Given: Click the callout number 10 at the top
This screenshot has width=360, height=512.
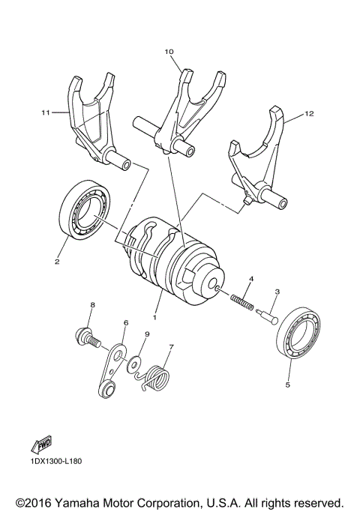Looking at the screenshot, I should click(x=169, y=52).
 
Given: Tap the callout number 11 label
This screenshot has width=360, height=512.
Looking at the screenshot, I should click(x=45, y=112).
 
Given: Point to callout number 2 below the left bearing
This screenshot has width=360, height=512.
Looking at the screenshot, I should click(x=55, y=262).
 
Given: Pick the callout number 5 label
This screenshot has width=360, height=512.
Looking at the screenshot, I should click(x=287, y=387).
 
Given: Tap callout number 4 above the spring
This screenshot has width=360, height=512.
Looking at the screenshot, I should click(x=252, y=279).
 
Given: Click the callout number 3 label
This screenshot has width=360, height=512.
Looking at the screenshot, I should click(x=277, y=292).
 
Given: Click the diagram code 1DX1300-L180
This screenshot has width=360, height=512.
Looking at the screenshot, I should click(x=56, y=461).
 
